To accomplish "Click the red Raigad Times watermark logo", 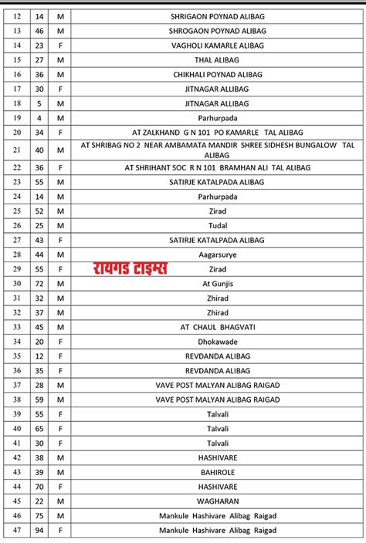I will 130,269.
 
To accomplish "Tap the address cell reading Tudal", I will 217,225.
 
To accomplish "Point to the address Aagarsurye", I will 217,254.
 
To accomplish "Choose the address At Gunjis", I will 217,284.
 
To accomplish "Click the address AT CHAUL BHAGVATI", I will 217,327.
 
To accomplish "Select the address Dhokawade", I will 217,342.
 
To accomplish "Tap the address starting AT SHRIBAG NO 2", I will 217,150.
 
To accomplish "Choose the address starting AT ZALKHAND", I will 217,132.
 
